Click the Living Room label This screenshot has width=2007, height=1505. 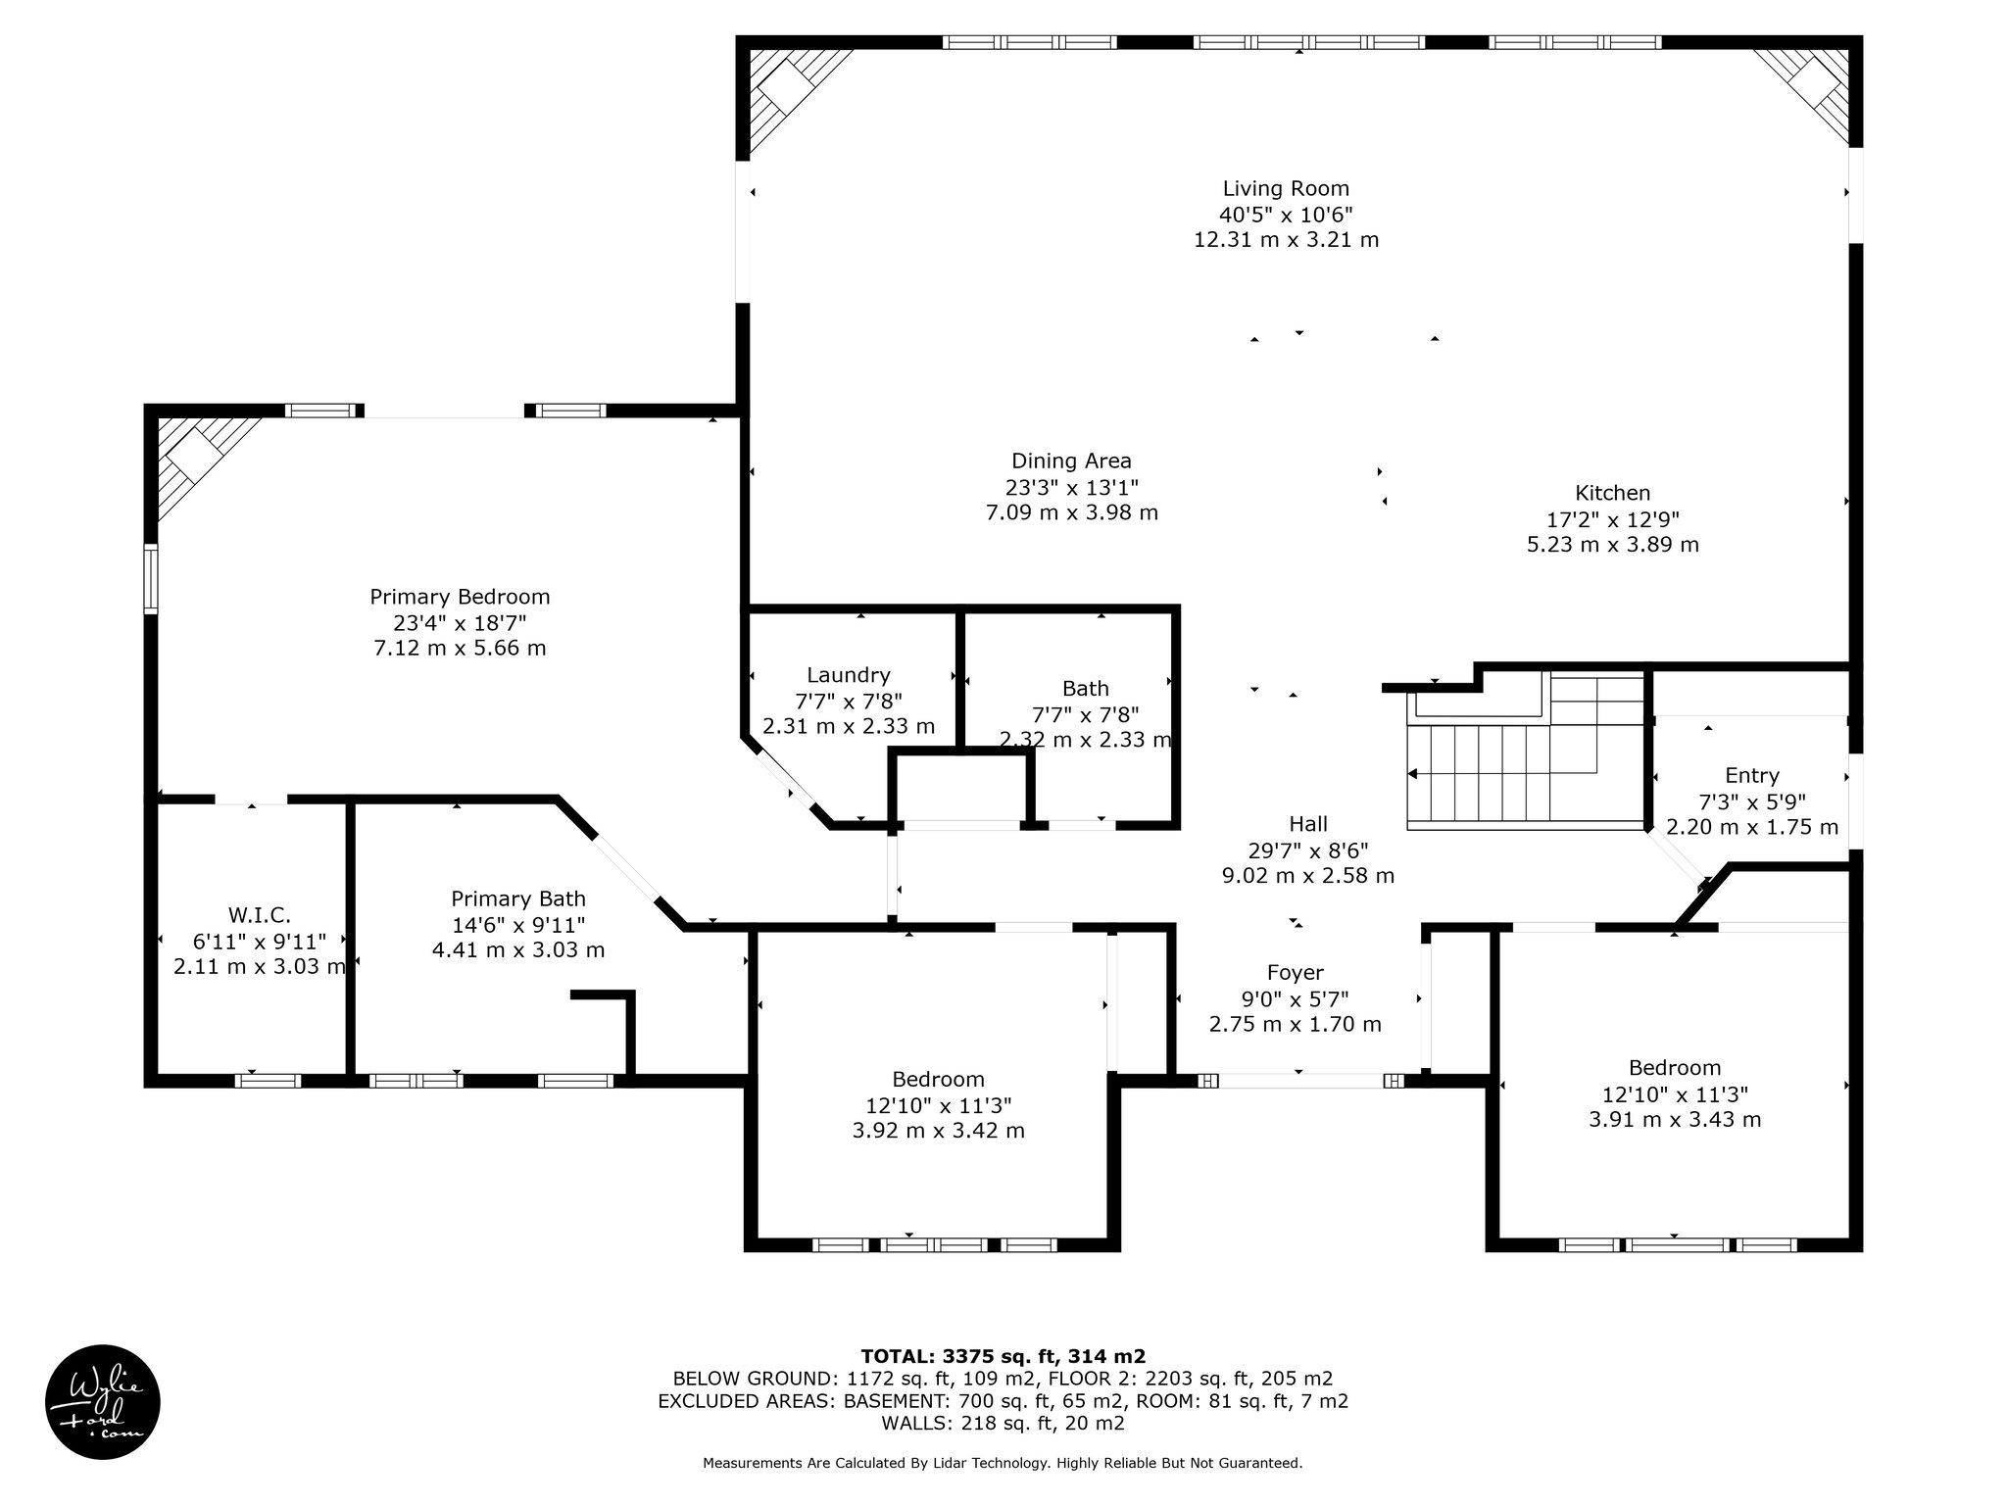tap(1286, 188)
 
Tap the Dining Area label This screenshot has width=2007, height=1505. tap(1071, 461)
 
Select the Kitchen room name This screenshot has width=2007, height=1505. tap(1612, 493)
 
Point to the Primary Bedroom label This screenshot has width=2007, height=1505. tap(460, 597)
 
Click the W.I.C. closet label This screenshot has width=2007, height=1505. tap(260, 915)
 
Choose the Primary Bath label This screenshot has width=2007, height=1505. tap(518, 898)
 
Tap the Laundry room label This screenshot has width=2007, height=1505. tap(849, 675)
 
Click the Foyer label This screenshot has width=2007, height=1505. tap(1296, 973)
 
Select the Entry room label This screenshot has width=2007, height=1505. tap(1752, 776)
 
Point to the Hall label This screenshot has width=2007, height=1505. tap(1308, 824)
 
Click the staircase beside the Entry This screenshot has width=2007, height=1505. tap(1526, 750)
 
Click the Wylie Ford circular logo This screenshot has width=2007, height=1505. tap(103, 1402)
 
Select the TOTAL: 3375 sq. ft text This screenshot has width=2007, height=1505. tap(959, 1356)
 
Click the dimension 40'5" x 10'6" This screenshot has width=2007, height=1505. tap(1286, 215)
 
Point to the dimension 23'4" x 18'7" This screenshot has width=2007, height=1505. tap(460, 622)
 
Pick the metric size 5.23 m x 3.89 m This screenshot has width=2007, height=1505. tap(1612, 544)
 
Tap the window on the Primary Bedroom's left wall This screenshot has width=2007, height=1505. tap(151, 578)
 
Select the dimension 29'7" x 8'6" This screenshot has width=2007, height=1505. tap(1308, 850)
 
